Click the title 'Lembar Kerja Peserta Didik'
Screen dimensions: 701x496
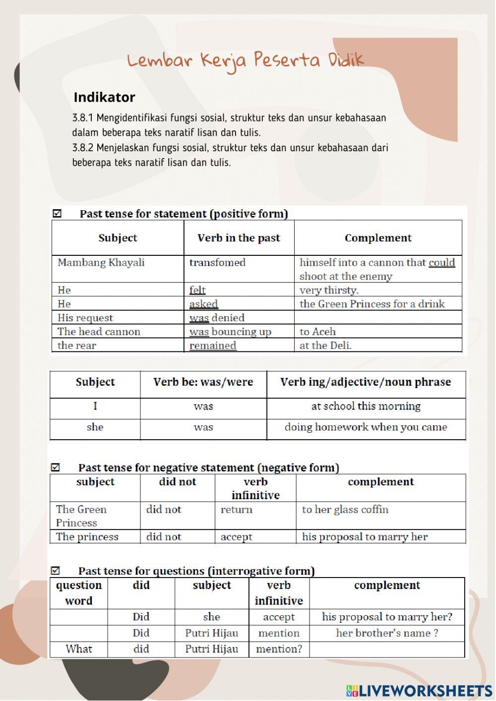click(246, 60)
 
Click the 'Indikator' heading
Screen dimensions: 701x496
click(104, 97)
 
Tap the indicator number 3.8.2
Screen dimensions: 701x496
click(82, 148)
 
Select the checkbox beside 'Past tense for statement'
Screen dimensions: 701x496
click(57, 214)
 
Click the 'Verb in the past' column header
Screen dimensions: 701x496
click(239, 238)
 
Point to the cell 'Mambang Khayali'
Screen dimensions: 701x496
click(101, 263)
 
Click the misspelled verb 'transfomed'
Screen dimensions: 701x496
click(217, 263)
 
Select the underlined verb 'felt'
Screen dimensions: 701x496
click(197, 290)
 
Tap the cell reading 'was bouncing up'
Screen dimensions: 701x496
click(230, 332)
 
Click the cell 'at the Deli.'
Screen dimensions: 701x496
click(325, 346)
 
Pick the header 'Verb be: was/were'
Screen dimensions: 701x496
click(203, 382)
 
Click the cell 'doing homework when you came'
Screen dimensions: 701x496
click(366, 427)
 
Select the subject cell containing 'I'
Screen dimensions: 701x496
click(95, 407)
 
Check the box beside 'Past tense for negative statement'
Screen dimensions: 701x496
click(56, 467)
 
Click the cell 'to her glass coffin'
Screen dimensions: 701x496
click(345, 510)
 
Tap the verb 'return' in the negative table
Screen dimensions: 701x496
click(236, 510)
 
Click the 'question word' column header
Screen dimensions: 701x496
click(79, 593)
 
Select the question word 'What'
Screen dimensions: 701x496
click(79, 649)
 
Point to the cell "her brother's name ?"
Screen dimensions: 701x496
click(387, 633)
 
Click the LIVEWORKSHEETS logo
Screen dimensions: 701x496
click(419, 691)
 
